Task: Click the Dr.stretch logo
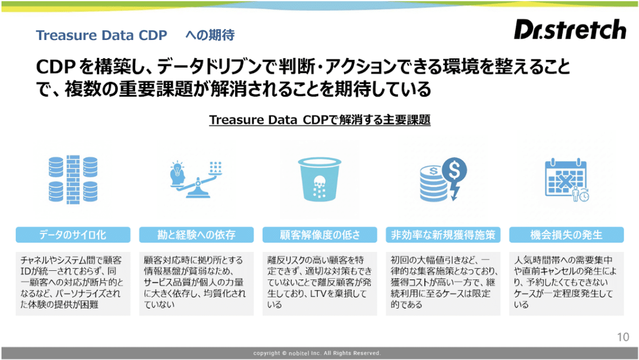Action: pos(570,29)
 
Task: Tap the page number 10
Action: pos(623,337)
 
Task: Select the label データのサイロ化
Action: pos(72,235)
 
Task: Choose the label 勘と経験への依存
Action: pos(196,235)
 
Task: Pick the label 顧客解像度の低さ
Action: pos(320,235)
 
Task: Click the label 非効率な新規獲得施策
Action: pos(443,235)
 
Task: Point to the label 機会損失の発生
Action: pos(566,235)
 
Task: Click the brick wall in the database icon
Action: pos(73,179)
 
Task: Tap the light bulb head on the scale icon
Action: pos(177,174)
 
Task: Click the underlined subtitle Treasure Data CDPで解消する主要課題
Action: pos(320,120)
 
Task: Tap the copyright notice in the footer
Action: pos(317,353)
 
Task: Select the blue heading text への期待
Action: pos(210,35)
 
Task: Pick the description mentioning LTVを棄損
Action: pos(319,282)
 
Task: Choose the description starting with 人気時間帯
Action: pos(565,282)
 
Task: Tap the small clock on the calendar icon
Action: pos(584,196)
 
